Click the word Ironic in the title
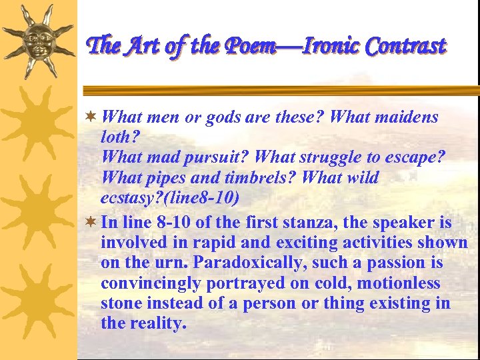click(333, 46)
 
